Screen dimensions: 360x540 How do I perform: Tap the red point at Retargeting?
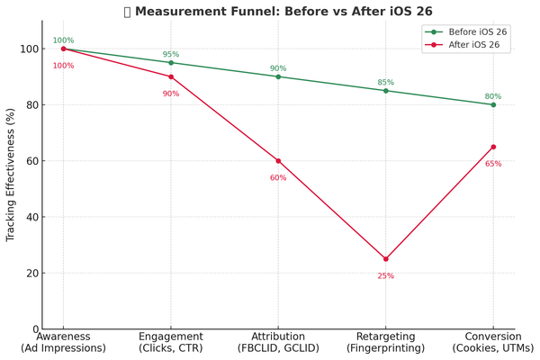pyautogui.click(x=386, y=259)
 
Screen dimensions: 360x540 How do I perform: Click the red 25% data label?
pyautogui.click(x=386, y=275)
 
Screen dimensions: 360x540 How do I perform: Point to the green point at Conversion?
pyautogui.click(x=493, y=104)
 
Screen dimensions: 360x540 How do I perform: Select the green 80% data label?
pyautogui.click(x=493, y=96)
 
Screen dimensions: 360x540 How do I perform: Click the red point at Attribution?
pyautogui.click(x=278, y=161)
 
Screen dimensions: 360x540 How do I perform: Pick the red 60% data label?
pyautogui.click(x=278, y=177)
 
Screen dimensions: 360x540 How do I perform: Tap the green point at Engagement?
pyautogui.click(x=171, y=63)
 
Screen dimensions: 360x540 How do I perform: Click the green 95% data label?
pyautogui.click(x=171, y=55)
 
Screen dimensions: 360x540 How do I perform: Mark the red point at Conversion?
pyautogui.click(x=493, y=147)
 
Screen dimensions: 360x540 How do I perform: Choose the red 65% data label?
pyautogui.click(x=493, y=164)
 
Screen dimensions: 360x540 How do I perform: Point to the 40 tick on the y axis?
pyautogui.click(x=35, y=217)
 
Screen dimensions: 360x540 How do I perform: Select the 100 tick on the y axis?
pyautogui.click(x=31, y=49)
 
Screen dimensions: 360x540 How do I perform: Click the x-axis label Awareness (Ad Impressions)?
pyautogui.click(x=63, y=342)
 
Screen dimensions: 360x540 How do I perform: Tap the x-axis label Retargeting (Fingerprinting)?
pyautogui.click(x=386, y=342)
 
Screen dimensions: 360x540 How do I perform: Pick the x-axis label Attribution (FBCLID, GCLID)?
pyautogui.click(x=278, y=342)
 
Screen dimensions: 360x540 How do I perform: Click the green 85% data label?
pyautogui.click(x=386, y=83)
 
